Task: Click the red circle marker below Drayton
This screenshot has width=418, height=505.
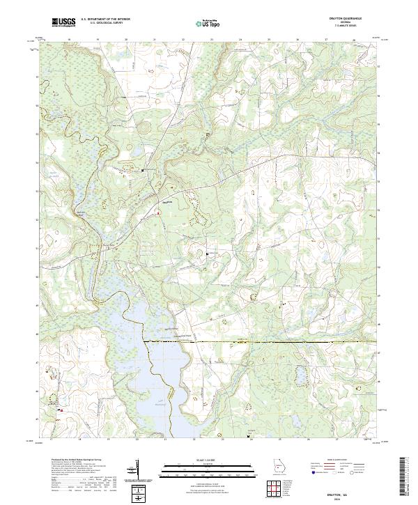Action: click(157, 214)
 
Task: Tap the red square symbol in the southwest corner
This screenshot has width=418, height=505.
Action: click(61, 410)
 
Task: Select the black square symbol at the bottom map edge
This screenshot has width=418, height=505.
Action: click(249, 435)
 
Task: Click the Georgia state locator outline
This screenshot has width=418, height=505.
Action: click(280, 467)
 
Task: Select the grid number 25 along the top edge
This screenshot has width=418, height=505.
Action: click(269, 40)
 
